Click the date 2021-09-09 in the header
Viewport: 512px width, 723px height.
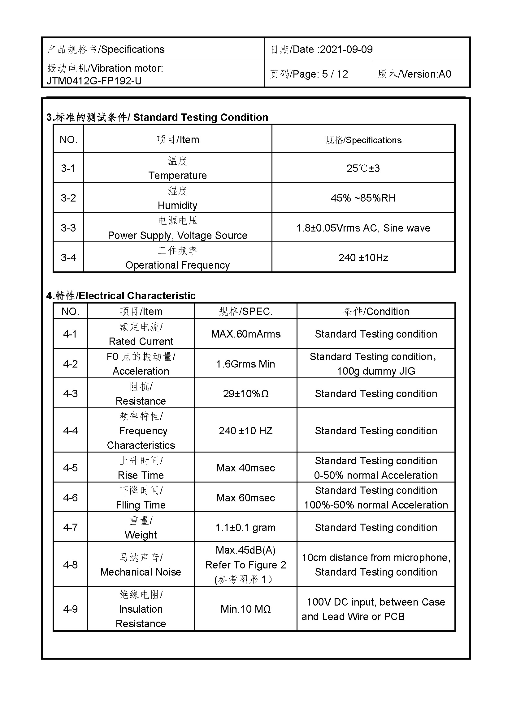[x=346, y=49]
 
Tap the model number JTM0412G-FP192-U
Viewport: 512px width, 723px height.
[x=94, y=81]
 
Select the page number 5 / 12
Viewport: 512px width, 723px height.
[x=335, y=74]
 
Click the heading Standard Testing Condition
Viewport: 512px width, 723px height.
[x=201, y=117]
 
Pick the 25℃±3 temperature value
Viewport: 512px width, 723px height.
[x=363, y=168]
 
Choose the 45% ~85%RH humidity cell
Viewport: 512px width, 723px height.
[x=363, y=198]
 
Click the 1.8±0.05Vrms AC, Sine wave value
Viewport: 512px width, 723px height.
[x=363, y=228]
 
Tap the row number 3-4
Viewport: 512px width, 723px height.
[x=68, y=258]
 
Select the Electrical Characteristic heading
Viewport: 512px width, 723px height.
[x=137, y=296]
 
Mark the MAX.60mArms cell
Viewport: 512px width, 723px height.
[x=245, y=334]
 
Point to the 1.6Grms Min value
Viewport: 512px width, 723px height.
[x=245, y=364]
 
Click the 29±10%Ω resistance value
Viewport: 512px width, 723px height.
[x=245, y=393]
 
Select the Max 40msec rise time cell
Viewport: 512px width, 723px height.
[x=245, y=468]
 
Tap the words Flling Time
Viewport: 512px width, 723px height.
[x=141, y=505]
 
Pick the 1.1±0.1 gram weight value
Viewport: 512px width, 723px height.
[x=245, y=527]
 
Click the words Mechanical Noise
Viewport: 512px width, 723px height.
[x=141, y=572]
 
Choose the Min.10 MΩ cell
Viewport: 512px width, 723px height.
[x=245, y=609]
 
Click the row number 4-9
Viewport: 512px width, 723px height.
[x=70, y=609]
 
